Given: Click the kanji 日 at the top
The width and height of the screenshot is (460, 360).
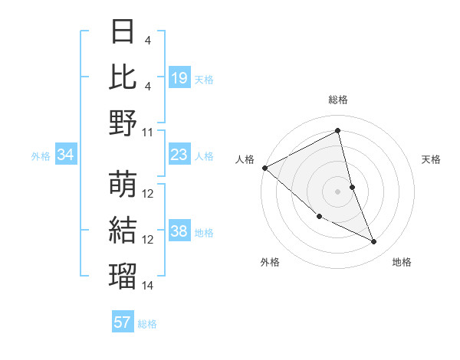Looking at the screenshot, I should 123,32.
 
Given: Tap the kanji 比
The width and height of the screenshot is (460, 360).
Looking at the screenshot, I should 123,77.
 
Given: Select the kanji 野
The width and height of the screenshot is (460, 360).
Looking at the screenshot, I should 123,122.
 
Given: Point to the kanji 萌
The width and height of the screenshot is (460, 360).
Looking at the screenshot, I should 123,184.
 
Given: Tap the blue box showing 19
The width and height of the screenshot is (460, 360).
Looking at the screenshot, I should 179,77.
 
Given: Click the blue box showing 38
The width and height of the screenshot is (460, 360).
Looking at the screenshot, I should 179,231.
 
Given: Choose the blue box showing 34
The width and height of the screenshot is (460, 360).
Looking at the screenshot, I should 65,155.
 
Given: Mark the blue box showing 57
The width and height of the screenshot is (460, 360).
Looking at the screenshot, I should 122,322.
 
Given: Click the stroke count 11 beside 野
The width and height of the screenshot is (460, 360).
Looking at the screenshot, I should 148,132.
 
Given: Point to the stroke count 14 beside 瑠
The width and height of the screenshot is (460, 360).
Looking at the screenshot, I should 148,286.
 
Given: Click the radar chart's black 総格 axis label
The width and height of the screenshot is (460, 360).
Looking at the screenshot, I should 337,100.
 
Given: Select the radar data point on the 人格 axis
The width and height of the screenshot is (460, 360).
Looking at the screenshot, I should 264,168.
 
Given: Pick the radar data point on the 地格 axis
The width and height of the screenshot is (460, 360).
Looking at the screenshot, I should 373,241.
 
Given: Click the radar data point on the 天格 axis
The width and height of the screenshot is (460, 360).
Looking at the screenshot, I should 352,186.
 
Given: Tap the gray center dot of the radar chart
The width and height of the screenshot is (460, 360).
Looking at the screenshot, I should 337,191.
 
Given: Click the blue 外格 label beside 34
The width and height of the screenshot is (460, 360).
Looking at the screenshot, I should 41,156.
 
